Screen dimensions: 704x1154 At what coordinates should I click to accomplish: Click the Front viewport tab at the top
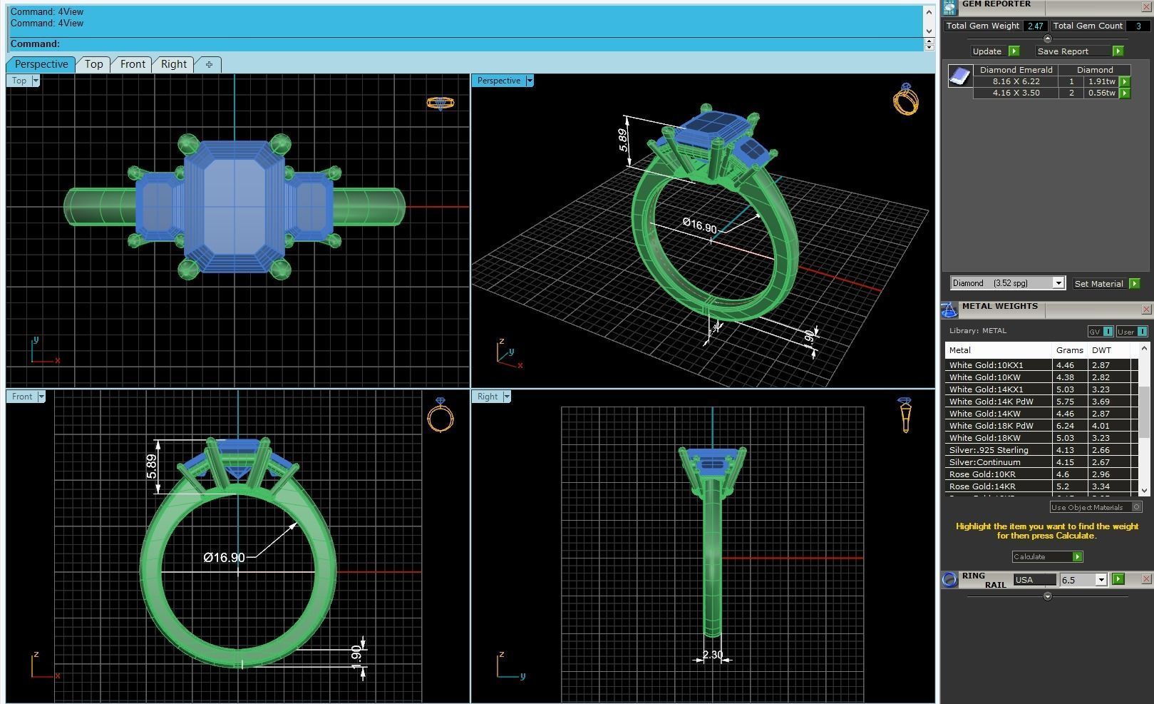tap(133, 64)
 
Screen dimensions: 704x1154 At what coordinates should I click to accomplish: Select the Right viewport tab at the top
tap(173, 64)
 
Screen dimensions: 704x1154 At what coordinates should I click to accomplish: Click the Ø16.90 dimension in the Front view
tap(224, 558)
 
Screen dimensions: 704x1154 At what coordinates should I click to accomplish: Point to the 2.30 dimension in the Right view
tap(712, 655)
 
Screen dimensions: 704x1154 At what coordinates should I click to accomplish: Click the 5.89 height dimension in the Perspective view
tap(624, 140)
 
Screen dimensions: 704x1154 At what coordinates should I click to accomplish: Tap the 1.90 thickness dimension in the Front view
tap(356, 653)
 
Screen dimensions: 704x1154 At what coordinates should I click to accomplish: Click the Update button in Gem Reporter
tap(987, 51)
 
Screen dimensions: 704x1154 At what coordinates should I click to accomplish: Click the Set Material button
tap(1098, 284)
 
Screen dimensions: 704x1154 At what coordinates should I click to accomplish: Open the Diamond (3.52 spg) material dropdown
tap(1058, 284)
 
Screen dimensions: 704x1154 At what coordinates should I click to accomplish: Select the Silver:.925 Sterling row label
tap(989, 450)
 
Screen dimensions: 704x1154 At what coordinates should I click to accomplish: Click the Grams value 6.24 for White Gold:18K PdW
tap(1065, 426)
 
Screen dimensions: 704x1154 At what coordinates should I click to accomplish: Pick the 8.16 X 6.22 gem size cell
tap(1016, 81)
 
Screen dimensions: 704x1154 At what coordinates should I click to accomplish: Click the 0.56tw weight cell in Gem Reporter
tap(1101, 93)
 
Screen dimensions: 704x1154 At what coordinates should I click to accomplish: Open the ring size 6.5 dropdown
tap(1101, 580)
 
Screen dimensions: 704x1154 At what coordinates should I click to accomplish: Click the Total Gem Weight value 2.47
tap(1034, 26)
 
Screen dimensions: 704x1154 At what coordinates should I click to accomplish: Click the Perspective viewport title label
tap(499, 81)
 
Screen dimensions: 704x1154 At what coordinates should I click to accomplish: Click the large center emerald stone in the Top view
tap(235, 207)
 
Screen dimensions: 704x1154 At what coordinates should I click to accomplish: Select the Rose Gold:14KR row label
tap(982, 486)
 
